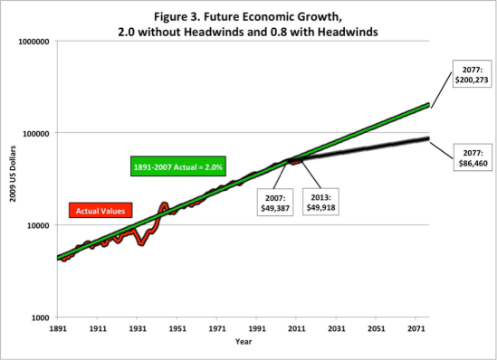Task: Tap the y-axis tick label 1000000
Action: [33, 41]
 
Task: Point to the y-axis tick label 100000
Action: [35, 133]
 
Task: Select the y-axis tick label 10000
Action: [37, 225]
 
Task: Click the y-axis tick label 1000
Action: [39, 317]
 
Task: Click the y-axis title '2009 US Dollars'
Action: [10, 180]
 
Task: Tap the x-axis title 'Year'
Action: [244, 342]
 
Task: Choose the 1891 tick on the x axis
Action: [59, 328]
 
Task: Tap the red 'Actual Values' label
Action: [100, 210]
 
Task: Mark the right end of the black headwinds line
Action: [427, 138]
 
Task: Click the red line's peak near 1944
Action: [164, 205]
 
